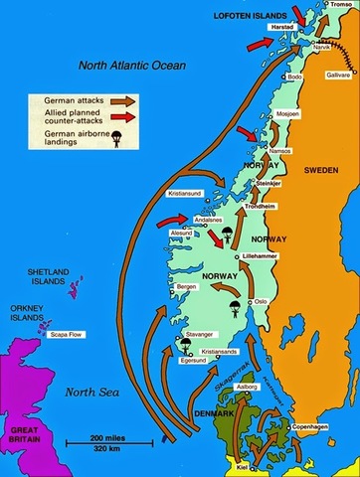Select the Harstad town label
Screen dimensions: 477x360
click(286, 29)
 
